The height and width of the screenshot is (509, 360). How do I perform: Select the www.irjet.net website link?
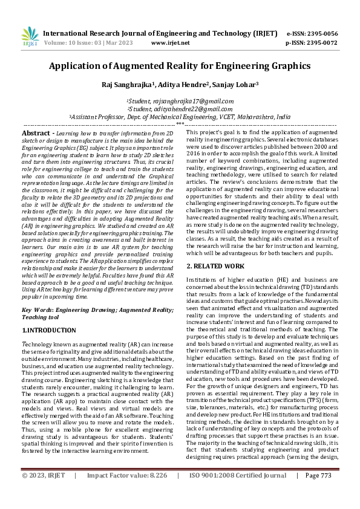170,43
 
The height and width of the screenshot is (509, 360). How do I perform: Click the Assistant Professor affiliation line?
180,117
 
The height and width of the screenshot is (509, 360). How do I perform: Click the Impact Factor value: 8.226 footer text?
126,493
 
